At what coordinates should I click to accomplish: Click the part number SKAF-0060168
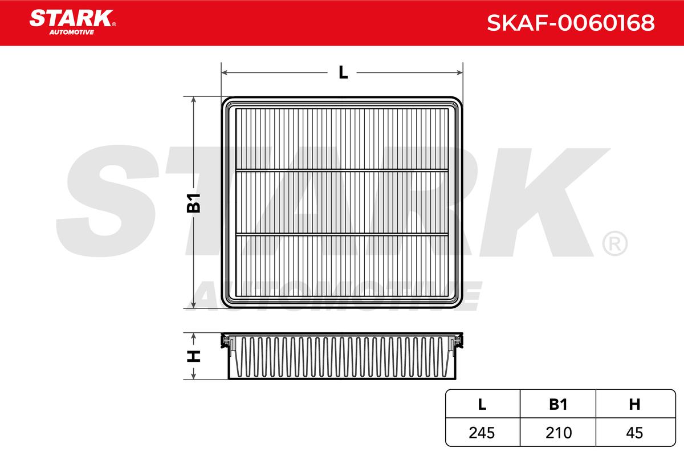coord(571,23)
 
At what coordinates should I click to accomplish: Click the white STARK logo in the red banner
coord(71,18)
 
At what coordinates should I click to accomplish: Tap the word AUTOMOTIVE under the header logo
coord(72,32)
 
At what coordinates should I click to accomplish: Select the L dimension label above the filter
coord(343,73)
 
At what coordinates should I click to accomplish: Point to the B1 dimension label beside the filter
coord(193,203)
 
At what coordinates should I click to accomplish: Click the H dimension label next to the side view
coord(193,356)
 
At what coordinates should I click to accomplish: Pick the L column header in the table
coord(482,404)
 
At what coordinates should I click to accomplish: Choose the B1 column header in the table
coord(558,404)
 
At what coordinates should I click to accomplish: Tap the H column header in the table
coord(634,404)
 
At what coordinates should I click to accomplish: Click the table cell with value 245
coord(482,433)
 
